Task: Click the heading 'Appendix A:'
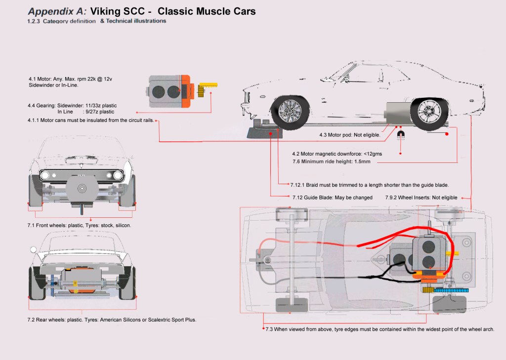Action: tap(57, 11)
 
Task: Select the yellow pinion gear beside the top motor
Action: tap(201, 91)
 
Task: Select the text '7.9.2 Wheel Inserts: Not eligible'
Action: tap(421, 198)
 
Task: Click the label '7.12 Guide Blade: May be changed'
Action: tap(331, 198)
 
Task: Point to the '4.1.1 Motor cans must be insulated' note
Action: tap(91, 120)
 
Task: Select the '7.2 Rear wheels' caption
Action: tap(112, 320)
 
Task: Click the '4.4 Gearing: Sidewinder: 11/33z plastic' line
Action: tap(72, 105)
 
